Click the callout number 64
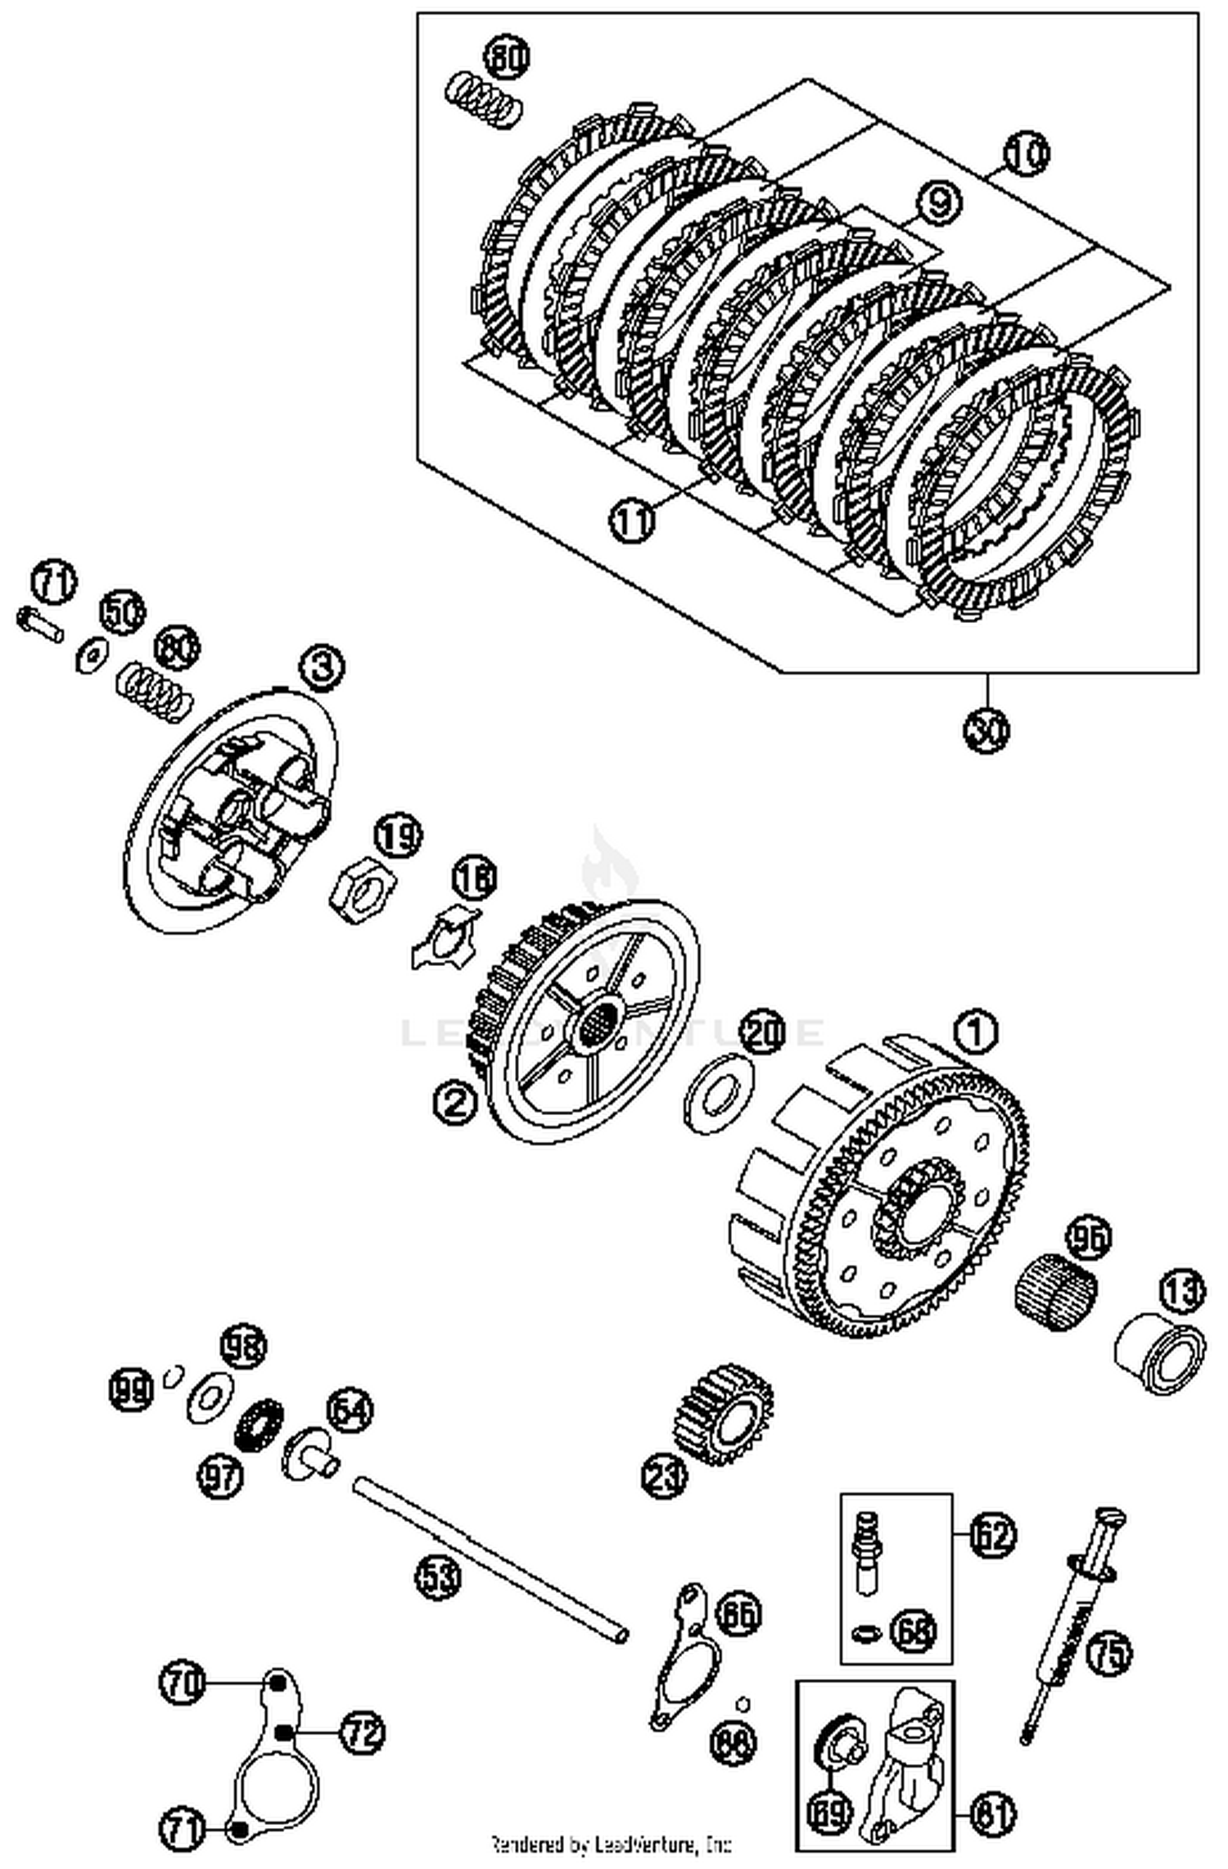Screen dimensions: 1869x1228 pyautogui.click(x=350, y=1411)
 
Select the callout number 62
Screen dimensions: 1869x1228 pyautogui.click(x=992, y=1535)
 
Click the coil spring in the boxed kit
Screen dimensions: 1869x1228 pyautogui.click(x=484, y=102)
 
